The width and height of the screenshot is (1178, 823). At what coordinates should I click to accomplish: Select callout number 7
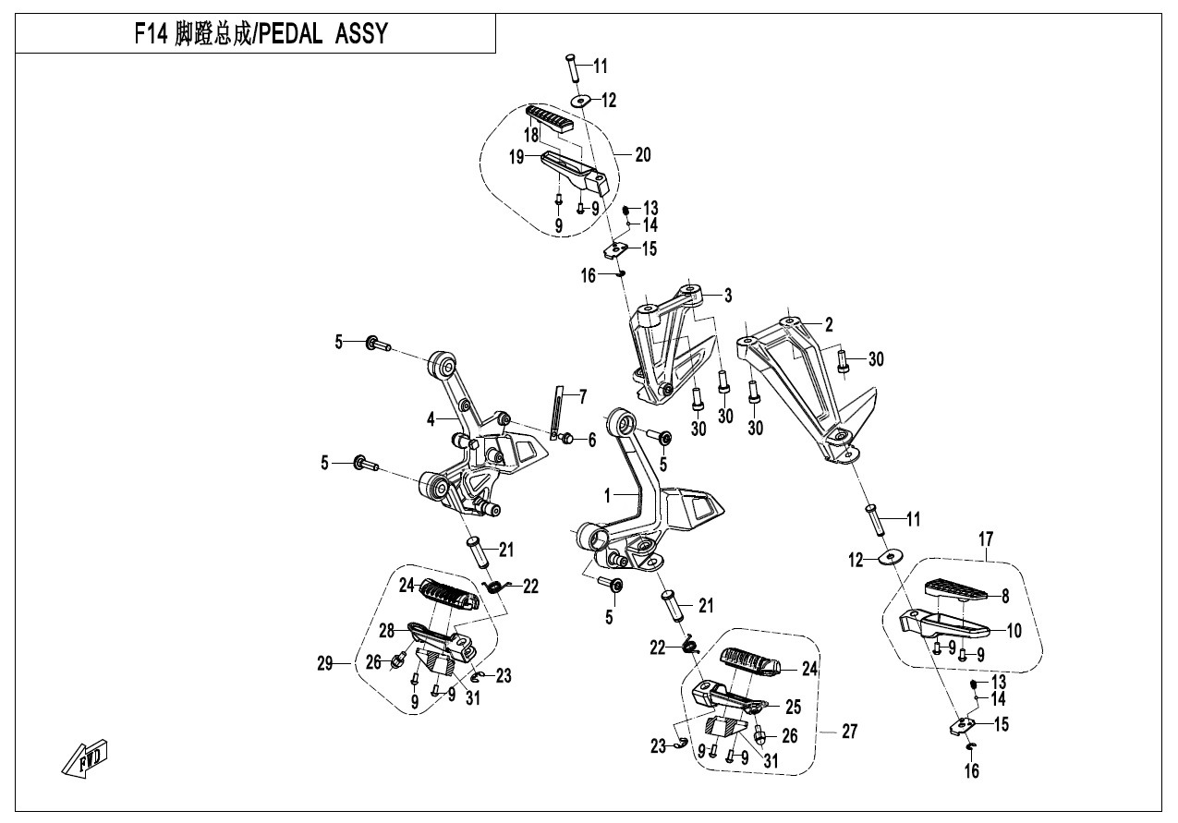click(582, 397)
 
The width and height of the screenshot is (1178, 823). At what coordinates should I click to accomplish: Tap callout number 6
click(592, 441)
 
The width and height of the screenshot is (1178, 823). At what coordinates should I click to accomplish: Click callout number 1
click(608, 496)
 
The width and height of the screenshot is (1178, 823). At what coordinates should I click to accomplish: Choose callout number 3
click(728, 296)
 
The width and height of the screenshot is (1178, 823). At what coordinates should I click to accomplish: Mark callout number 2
click(829, 324)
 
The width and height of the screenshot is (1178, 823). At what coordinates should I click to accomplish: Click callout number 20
click(642, 155)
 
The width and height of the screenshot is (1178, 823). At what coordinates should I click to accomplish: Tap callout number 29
click(323, 662)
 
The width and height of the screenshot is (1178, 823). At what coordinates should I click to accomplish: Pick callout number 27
click(849, 732)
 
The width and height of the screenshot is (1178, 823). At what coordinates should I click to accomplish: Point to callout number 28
click(386, 630)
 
